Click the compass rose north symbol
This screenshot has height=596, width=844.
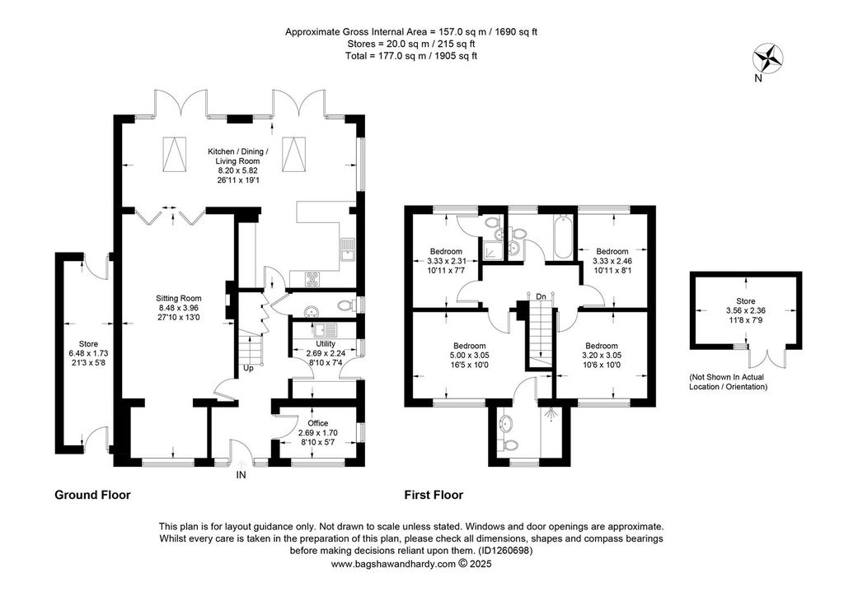click(768, 58)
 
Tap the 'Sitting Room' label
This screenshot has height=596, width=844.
click(180, 299)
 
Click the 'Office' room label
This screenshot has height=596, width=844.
click(317, 423)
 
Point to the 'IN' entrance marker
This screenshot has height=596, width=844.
click(241, 475)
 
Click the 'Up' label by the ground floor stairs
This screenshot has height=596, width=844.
click(247, 368)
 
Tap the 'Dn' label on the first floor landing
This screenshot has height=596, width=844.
click(540, 296)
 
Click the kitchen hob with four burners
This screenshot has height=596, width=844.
click(314, 277)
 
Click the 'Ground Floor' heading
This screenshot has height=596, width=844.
click(92, 496)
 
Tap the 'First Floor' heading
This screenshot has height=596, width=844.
click(433, 496)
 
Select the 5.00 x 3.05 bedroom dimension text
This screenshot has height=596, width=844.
click(469, 356)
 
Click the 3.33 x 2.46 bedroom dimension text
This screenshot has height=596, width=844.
click(612, 261)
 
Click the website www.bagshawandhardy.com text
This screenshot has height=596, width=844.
click(394, 565)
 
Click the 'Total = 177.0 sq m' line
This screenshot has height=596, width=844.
click(411, 56)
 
